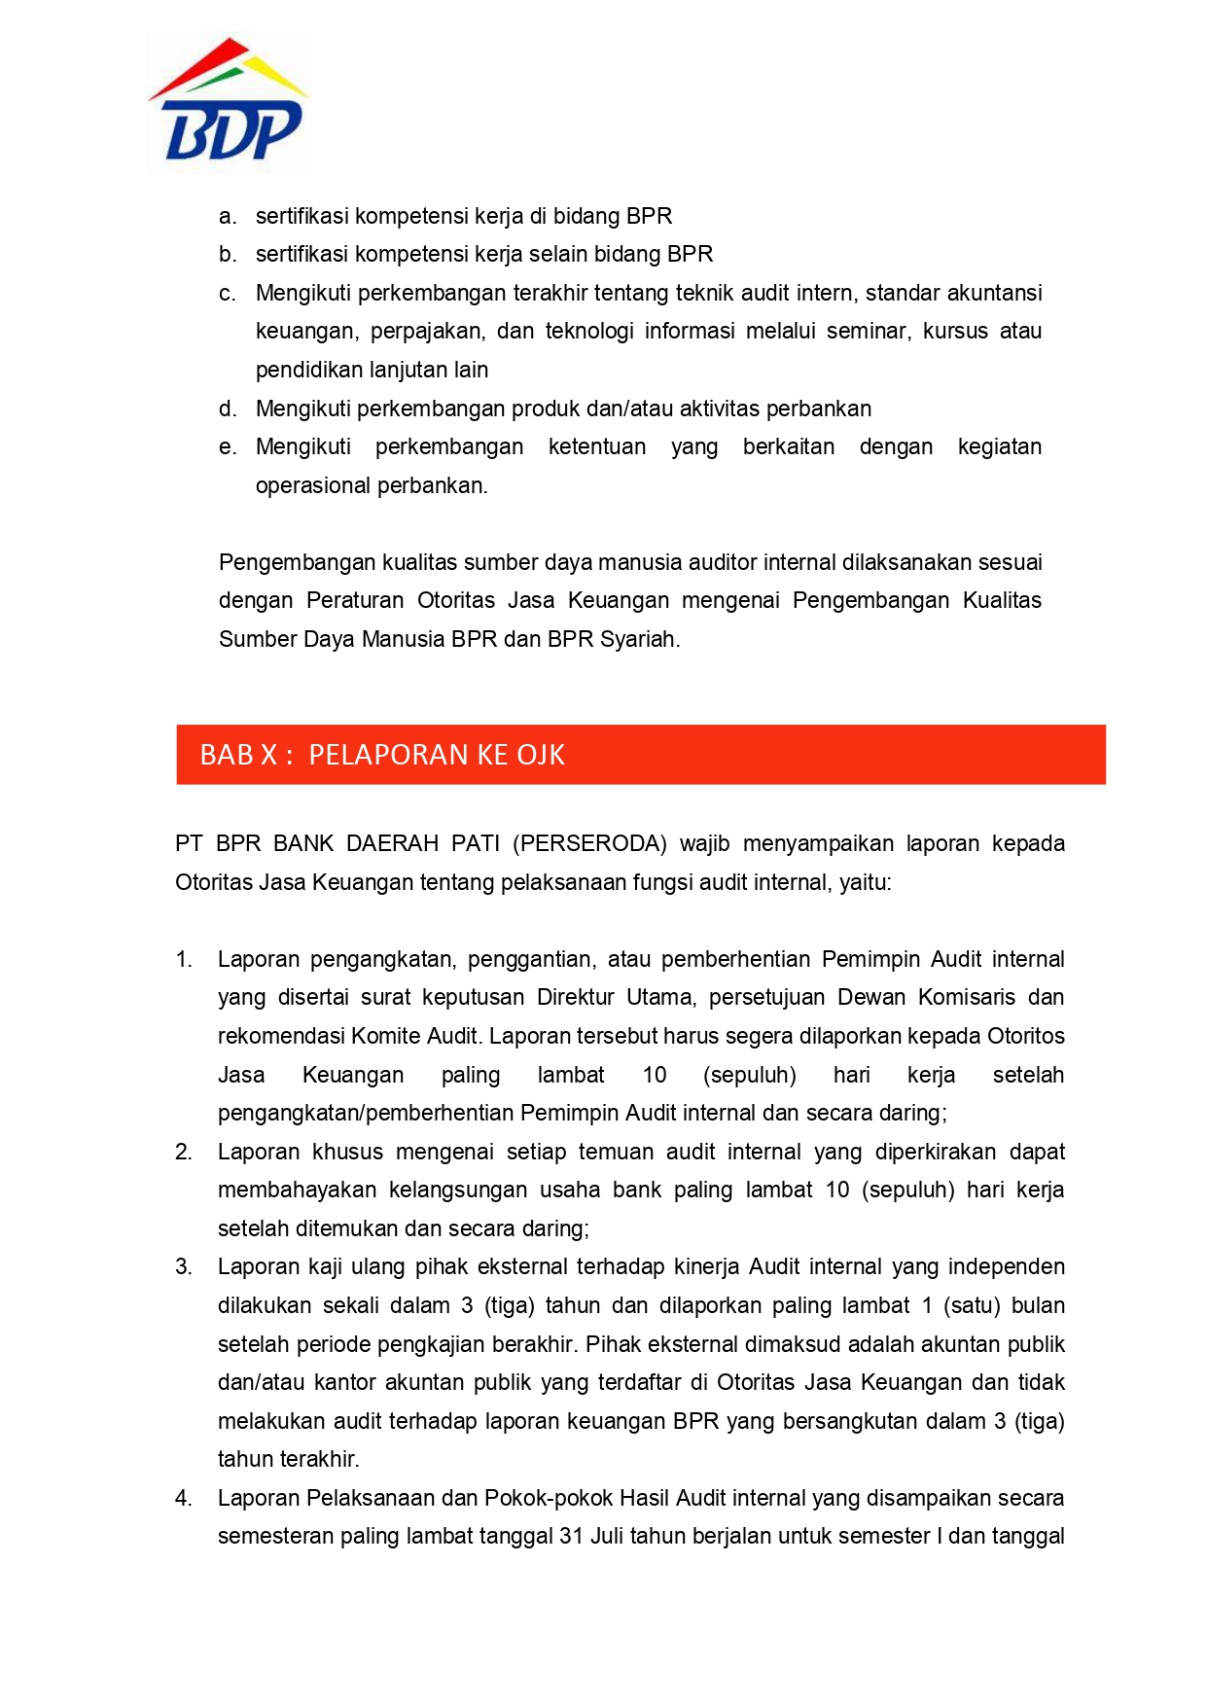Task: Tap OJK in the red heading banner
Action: [x=541, y=755]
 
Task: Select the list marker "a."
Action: [x=228, y=216]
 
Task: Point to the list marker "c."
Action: [x=228, y=293]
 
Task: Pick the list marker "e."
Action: [x=228, y=446]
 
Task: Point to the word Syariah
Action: [x=640, y=639]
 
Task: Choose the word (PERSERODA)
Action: [x=589, y=843]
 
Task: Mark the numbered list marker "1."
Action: [x=184, y=959]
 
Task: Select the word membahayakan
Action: [x=297, y=1190]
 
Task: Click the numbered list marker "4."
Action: [x=184, y=1498]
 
